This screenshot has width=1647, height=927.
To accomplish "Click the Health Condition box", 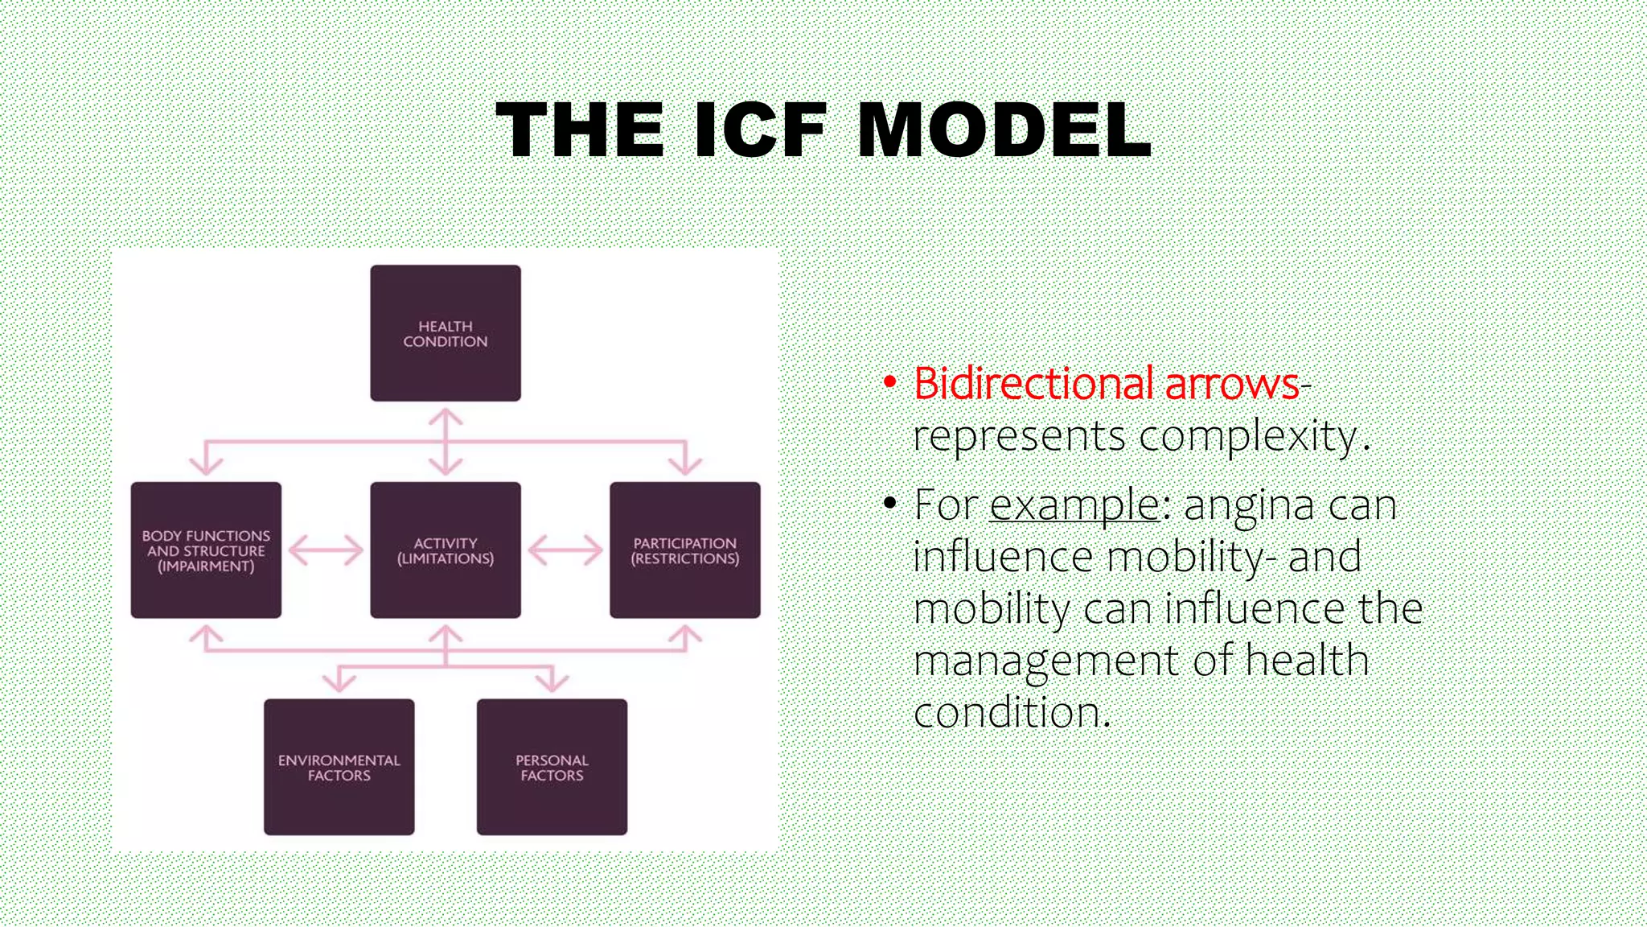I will tap(445, 333).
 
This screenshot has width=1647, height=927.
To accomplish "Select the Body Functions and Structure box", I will tap(206, 550).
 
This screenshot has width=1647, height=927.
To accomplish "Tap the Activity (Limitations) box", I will tap(445, 550).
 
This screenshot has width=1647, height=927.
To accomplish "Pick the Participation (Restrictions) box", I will tap(684, 550).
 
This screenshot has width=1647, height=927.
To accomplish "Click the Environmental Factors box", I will tap(339, 767).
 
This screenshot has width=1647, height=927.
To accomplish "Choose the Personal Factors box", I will tap(552, 767).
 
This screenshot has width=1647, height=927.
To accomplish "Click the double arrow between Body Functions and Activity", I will tap(326, 551).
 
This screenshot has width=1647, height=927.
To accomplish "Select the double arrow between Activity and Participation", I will tap(565, 551).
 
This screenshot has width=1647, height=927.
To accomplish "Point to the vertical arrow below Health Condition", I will tap(445, 441).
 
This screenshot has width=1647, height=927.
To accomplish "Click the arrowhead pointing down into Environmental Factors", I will tap(339, 683).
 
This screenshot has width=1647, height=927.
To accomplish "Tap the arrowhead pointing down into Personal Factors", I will tap(552, 683).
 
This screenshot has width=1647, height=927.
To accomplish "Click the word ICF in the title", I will tap(760, 130).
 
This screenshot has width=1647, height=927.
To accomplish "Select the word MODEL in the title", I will tap(1004, 130).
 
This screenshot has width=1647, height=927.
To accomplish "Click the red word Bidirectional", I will tap(1033, 383).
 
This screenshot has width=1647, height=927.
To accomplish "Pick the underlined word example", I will tap(1074, 505).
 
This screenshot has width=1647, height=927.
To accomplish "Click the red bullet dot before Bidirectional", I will tap(889, 381).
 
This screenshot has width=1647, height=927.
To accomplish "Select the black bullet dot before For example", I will tap(889, 504).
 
